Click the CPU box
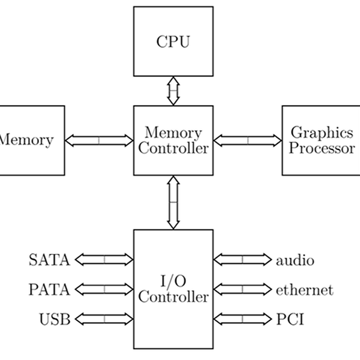coord(173,41)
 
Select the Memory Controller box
coord(173,140)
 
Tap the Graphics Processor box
coord(321,140)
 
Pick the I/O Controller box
coord(173,289)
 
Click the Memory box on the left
coord(30,140)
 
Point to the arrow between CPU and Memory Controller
coord(173,91)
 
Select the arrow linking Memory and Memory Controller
coord(99,140)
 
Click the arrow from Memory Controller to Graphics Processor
coord(247,140)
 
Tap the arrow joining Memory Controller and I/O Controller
coord(173,202)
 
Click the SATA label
coord(49,260)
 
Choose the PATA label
coord(49,289)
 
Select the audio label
coord(295,260)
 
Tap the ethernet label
coord(304,290)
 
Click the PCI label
coord(290,319)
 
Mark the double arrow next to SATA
coord(104,260)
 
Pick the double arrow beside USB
coord(104,319)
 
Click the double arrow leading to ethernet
coord(242,289)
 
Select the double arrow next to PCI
coord(242,319)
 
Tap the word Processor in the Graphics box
coord(322,148)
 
